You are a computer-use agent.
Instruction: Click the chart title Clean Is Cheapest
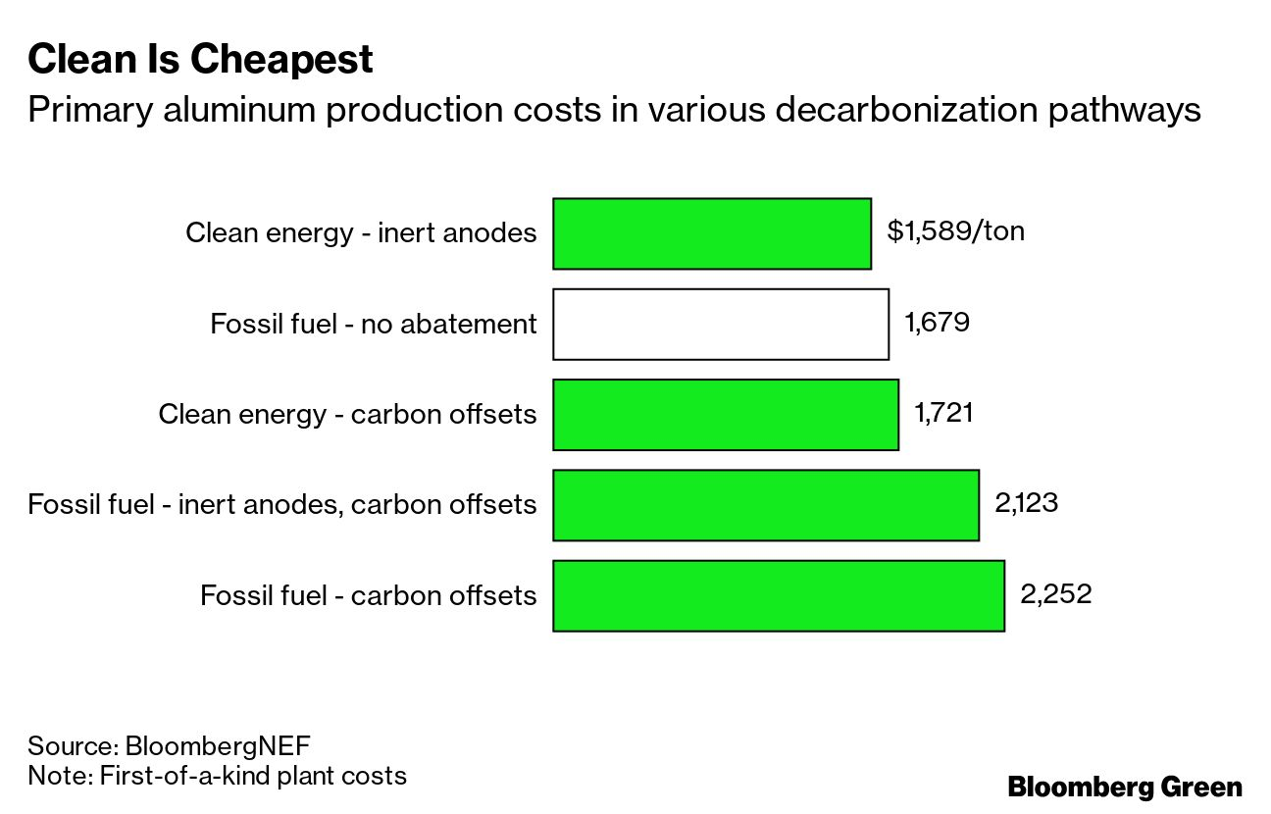(x=200, y=61)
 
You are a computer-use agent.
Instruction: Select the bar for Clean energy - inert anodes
(x=712, y=233)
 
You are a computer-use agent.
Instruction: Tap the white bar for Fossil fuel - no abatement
(x=721, y=324)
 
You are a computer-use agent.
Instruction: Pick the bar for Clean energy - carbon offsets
(x=726, y=415)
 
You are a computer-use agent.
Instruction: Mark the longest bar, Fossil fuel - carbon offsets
(x=779, y=595)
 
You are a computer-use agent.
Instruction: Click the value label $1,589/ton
(x=955, y=231)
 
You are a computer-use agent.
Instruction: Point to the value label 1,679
(x=938, y=322)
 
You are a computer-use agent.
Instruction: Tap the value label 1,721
(x=943, y=413)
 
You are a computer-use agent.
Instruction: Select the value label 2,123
(x=1026, y=503)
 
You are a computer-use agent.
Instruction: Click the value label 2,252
(x=1055, y=594)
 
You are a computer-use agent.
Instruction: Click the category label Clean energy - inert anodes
(x=361, y=233)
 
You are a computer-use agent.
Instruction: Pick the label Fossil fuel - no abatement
(x=374, y=324)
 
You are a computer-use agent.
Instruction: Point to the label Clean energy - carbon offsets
(x=347, y=415)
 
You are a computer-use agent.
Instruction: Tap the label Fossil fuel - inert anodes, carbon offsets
(x=282, y=505)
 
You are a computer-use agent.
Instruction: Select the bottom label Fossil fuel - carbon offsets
(x=369, y=595)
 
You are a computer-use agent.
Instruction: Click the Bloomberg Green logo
(x=1125, y=787)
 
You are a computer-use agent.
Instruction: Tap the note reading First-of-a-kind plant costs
(x=252, y=776)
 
